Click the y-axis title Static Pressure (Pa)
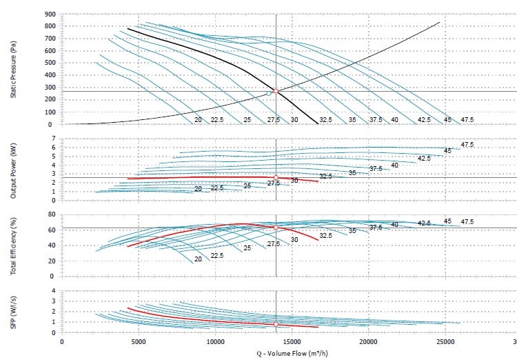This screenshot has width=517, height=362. click(13, 69)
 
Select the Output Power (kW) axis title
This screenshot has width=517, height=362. click(13, 170)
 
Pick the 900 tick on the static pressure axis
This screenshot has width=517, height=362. click(49, 14)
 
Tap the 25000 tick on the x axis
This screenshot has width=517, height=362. click(445, 341)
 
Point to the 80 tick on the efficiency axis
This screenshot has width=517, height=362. click(51, 214)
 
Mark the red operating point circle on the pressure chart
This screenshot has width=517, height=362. click(276, 91)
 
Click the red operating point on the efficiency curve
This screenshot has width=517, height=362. click(276, 228)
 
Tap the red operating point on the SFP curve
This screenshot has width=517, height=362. click(276, 324)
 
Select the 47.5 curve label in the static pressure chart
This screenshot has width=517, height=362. click(467, 120)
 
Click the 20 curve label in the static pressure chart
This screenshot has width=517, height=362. click(198, 120)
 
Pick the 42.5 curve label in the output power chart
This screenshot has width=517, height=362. click(424, 159)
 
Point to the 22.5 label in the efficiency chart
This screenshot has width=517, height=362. click(217, 256)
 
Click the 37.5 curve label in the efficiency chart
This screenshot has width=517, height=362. click(376, 228)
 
